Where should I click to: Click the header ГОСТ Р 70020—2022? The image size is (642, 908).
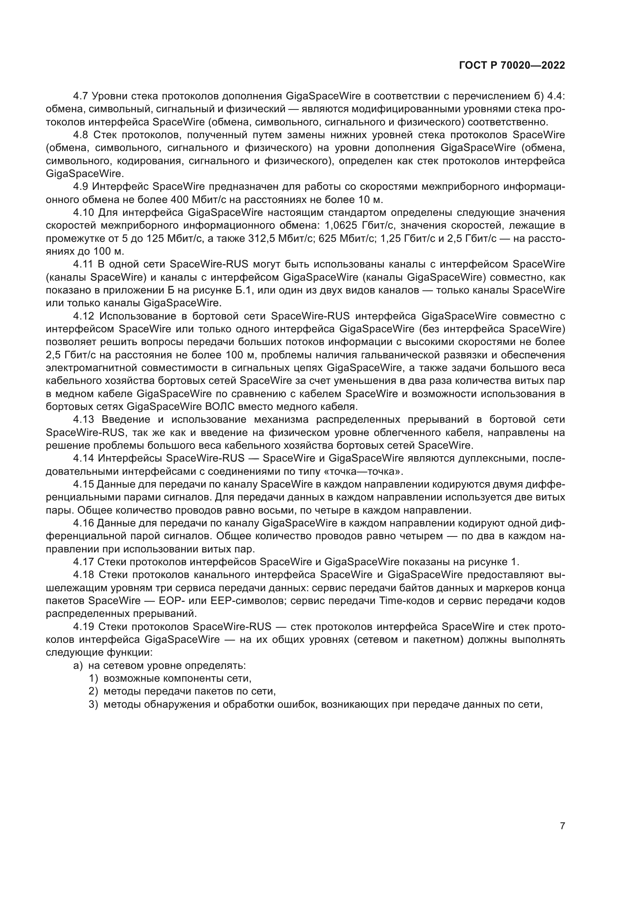[x=512, y=66]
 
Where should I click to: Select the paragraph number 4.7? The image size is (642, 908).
[x=82, y=96]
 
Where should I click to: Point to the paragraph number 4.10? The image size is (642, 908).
[x=83, y=213]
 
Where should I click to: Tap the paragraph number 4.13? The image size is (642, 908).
[x=83, y=420]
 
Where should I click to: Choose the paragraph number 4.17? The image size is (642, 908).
[x=83, y=562]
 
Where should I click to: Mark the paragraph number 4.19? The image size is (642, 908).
[x=83, y=627]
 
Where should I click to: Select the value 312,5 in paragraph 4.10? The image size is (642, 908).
[x=262, y=239]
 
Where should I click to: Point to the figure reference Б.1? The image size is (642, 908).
[x=245, y=290]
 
